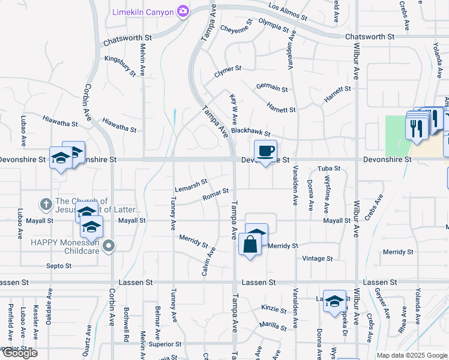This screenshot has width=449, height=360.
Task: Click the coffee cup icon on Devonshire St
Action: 265,151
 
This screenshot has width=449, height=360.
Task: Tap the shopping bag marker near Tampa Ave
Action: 250,244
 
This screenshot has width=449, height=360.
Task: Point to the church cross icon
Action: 45,204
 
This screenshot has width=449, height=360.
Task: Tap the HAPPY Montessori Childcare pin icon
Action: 108,245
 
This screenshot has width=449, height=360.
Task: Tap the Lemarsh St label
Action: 191,182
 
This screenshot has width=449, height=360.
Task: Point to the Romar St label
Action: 215,193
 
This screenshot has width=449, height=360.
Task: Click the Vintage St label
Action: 318,259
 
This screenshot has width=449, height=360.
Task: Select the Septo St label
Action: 59,266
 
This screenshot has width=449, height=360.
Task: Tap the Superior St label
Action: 165,344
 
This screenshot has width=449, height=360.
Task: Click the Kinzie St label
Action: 274,310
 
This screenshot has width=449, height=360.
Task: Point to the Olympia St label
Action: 274,26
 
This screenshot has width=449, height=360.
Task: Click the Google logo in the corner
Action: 20,353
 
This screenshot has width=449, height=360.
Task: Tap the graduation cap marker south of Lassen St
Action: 334,302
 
